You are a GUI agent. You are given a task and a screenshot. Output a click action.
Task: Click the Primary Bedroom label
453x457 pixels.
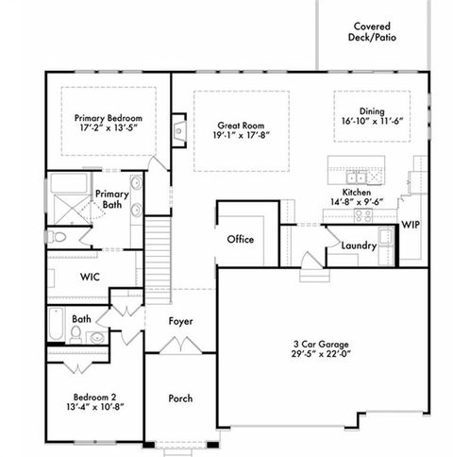(x=109, y=119)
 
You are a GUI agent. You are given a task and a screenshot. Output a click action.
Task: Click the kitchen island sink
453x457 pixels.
(x=357, y=176)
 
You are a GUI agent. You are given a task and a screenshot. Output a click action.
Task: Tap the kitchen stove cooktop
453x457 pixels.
(x=362, y=215)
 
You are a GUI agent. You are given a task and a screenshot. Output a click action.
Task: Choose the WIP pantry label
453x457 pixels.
(x=411, y=225)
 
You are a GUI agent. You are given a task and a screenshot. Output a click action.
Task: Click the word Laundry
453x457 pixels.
(x=359, y=245)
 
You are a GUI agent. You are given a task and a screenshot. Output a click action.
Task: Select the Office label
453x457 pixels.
(x=241, y=239)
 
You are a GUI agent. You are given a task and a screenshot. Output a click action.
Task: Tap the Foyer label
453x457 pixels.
(x=180, y=322)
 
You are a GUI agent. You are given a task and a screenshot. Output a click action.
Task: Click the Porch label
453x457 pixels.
(x=180, y=398)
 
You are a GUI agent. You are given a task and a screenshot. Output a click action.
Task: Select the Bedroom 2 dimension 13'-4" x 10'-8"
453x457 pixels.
(x=94, y=410)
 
